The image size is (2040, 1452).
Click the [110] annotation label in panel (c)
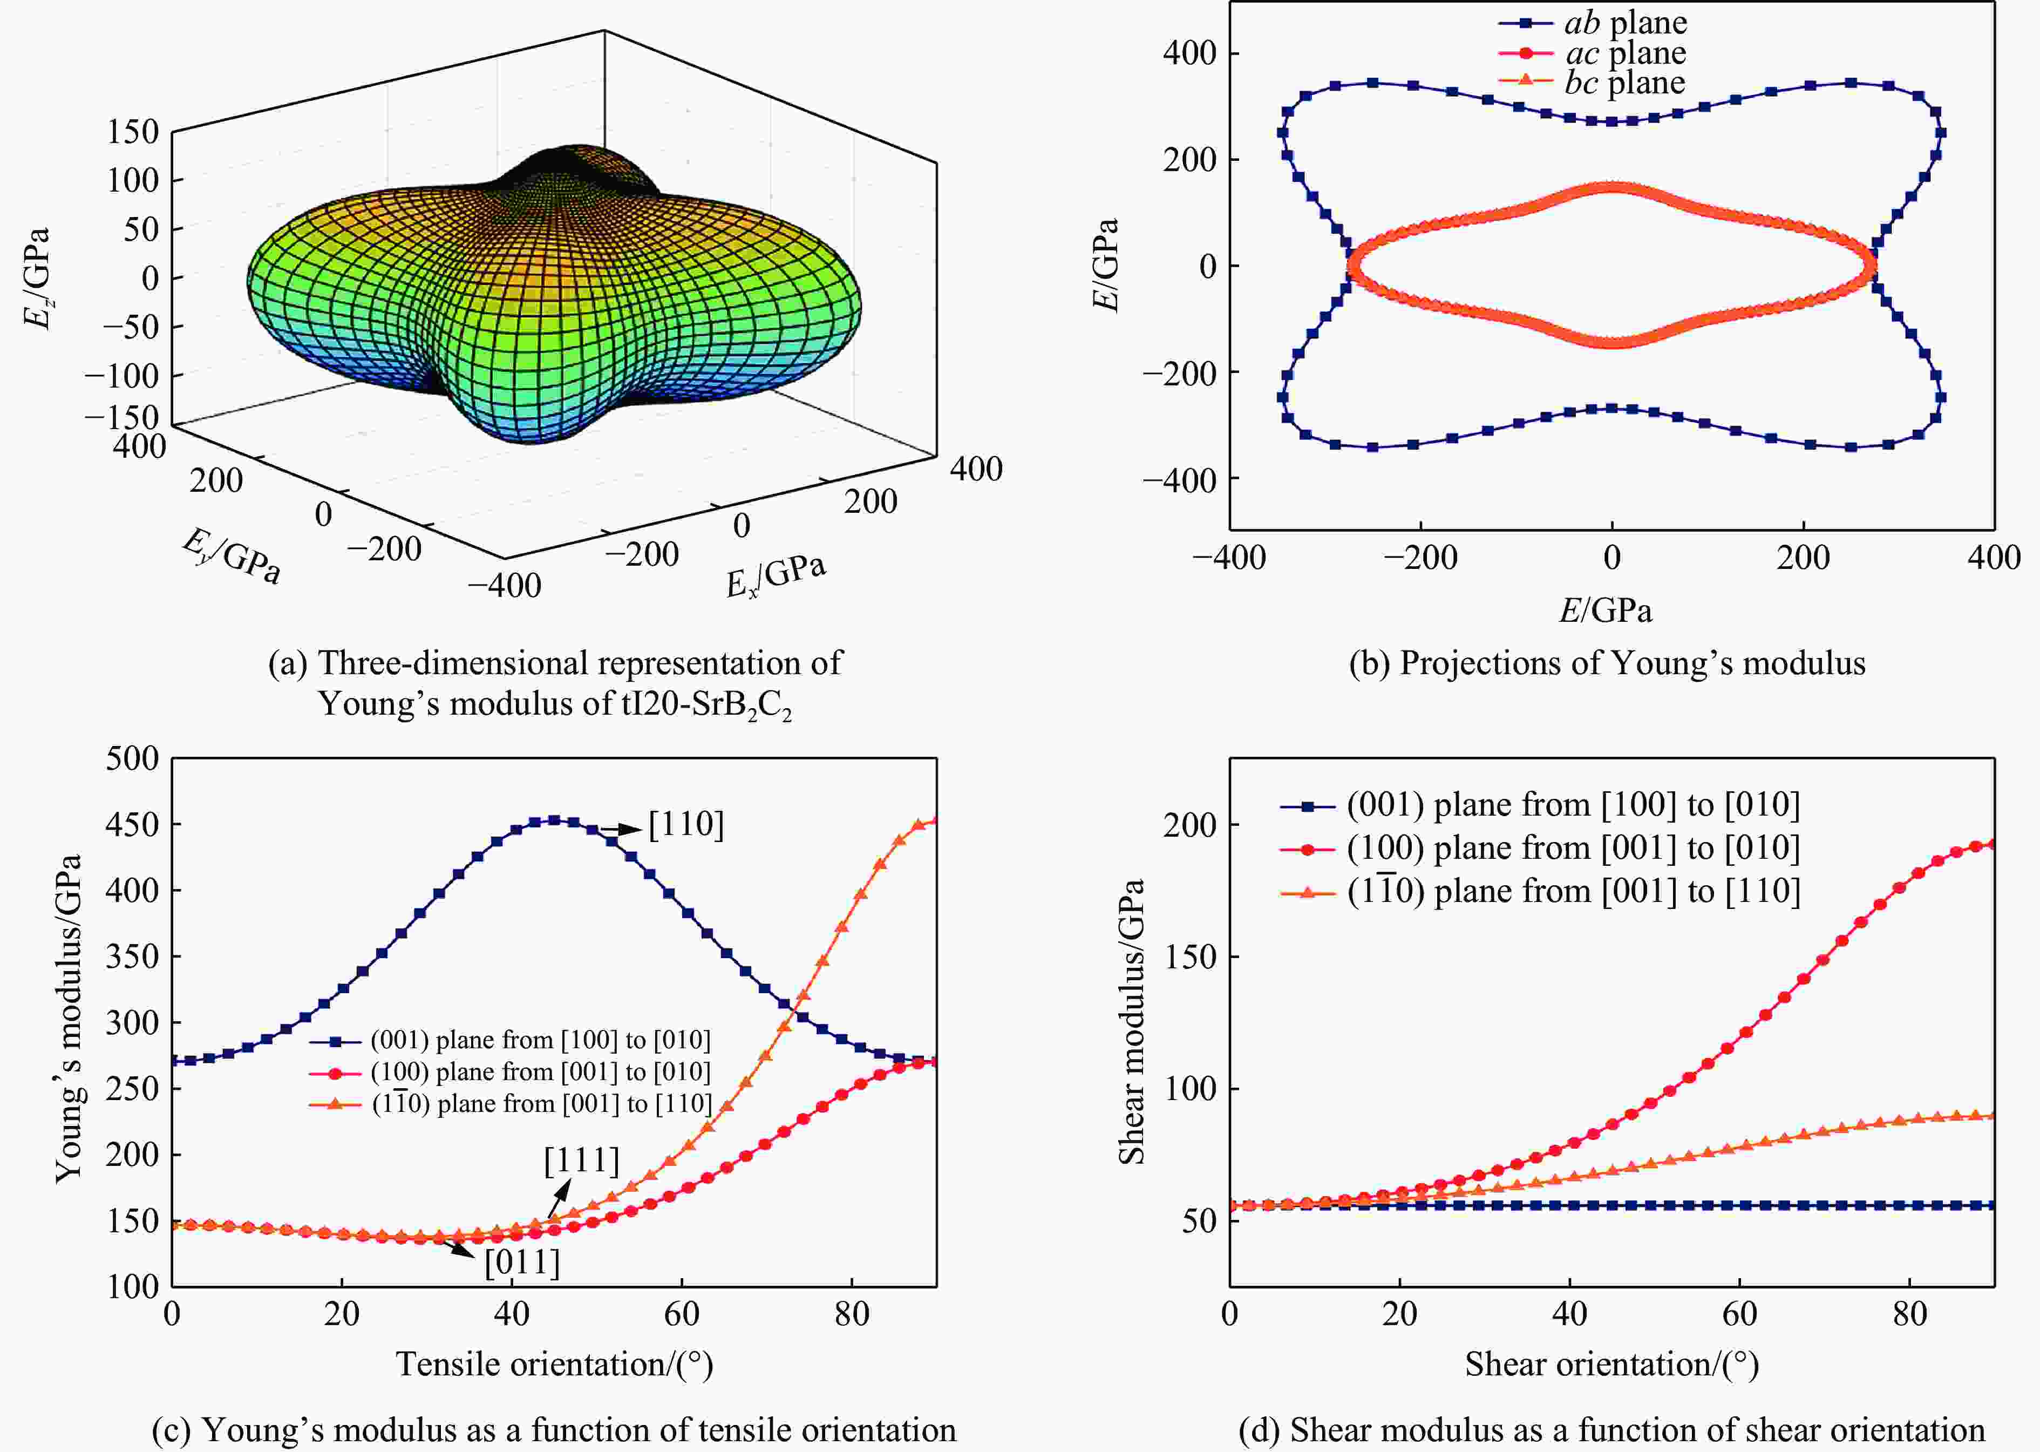[x=685, y=824]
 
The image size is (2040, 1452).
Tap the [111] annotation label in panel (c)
[x=581, y=1161]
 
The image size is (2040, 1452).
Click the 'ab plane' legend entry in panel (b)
[x=1625, y=22]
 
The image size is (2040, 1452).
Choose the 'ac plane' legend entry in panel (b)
[x=1625, y=53]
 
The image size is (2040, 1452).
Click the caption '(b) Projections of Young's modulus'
[x=1607, y=662]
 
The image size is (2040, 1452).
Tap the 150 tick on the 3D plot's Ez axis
[x=132, y=131]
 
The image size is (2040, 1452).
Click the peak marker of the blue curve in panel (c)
[x=554, y=820]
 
